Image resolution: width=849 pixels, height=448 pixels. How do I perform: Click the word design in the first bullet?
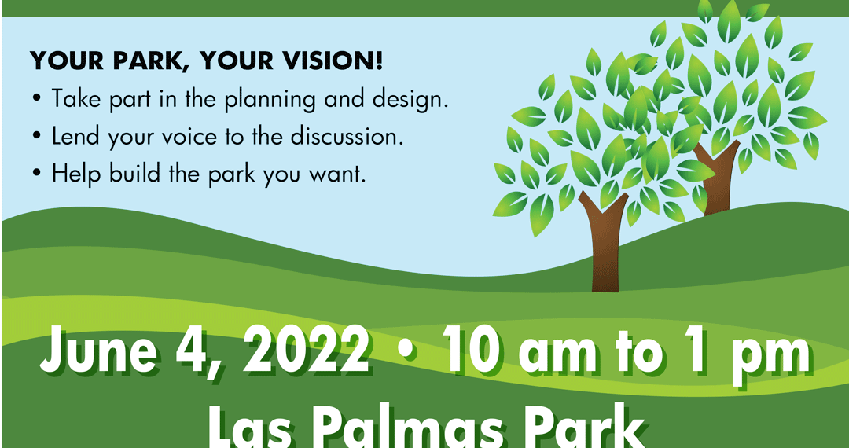point(412,101)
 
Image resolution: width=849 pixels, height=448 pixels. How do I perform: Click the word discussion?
point(346,137)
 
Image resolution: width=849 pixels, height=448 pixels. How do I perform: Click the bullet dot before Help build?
point(36,175)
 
